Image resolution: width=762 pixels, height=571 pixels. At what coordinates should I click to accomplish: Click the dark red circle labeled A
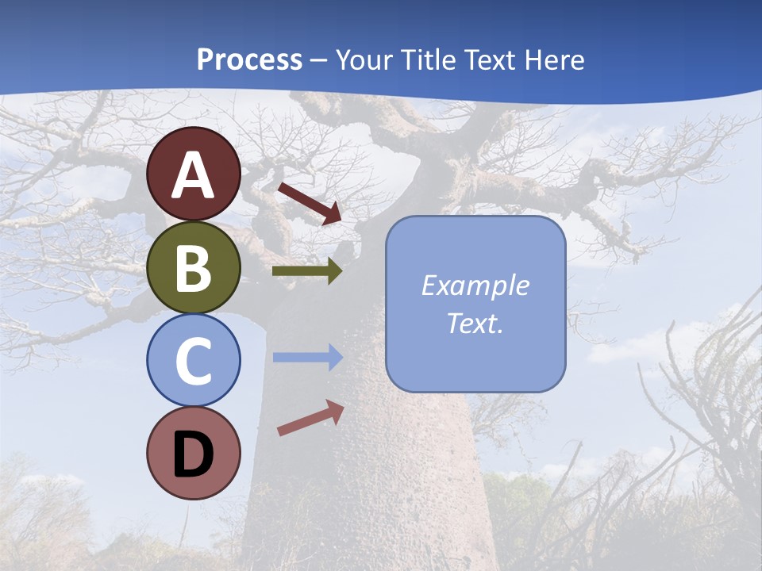pos(194,174)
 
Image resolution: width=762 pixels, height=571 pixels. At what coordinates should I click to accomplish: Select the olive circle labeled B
pos(194,267)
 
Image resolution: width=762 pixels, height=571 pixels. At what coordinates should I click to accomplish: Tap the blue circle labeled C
pos(194,360)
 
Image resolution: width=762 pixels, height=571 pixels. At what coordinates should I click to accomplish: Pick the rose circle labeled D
pos(194,453)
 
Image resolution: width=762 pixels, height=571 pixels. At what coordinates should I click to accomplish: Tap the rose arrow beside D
pos(310,418)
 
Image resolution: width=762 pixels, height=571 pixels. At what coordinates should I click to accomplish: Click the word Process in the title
pos(249,59)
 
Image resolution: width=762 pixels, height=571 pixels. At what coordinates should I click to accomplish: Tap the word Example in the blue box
pos(475,285)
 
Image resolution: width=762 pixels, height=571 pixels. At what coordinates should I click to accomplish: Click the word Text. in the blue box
pos(475,324)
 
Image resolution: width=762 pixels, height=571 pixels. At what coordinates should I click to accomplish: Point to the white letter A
pos(194,175)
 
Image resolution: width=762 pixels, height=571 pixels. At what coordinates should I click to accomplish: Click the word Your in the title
pos(364,59)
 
